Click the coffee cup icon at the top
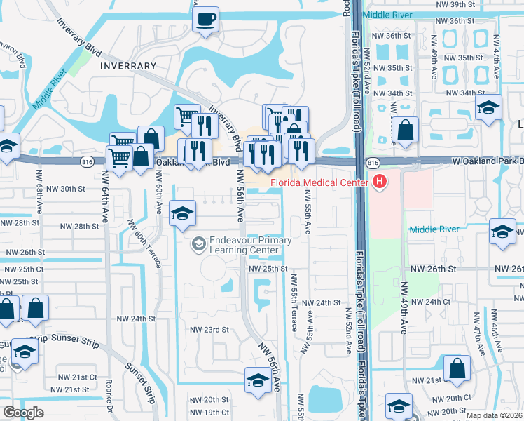[x=206, y=20]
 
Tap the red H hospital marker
[x=380, y=182]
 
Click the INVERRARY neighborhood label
[x=128, y=66]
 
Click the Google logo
[x=23, y=413]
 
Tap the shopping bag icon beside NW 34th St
[x=406, y=129]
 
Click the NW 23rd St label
[x=209, y=329]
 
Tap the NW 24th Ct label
[x=429, y=302]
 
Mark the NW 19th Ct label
[x=209, y=413]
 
